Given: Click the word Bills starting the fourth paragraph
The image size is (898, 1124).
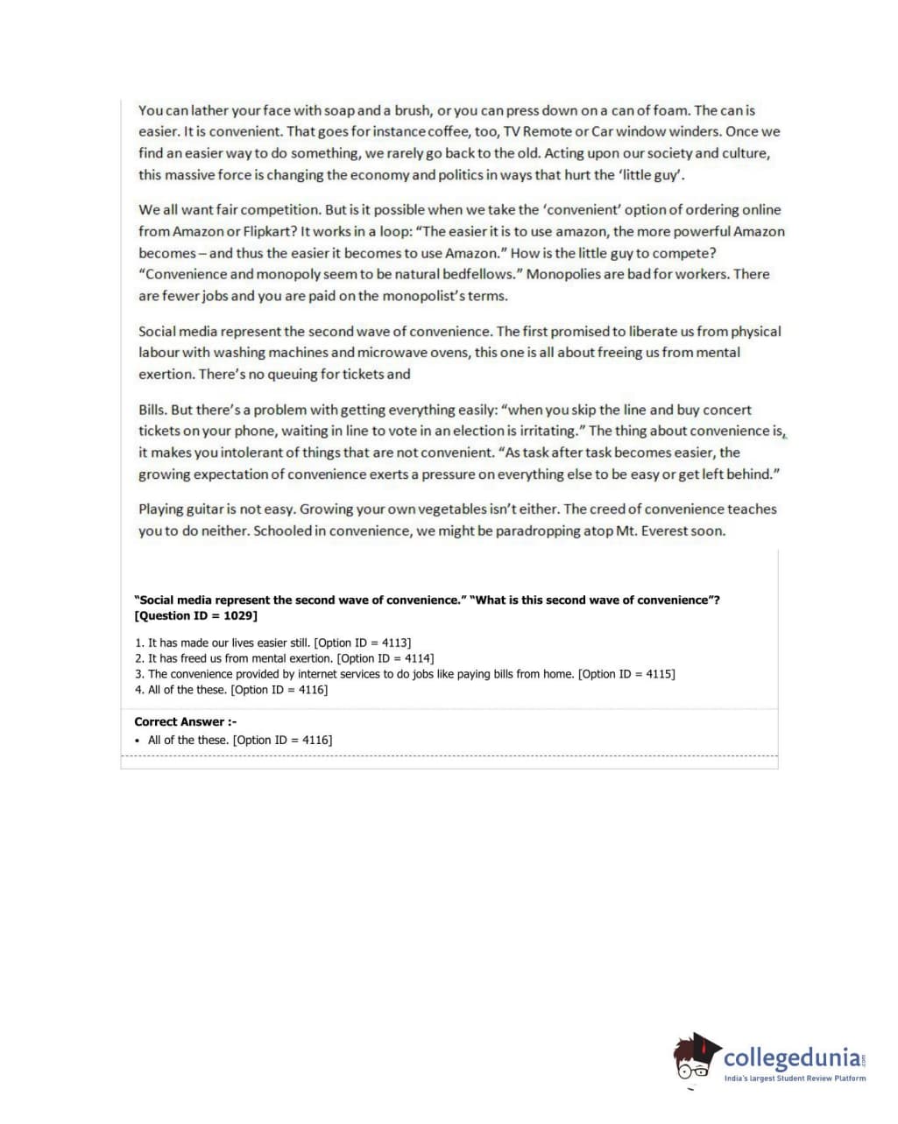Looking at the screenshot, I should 152,410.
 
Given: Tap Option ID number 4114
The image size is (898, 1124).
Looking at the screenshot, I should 416,658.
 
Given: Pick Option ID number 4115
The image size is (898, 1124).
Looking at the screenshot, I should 658,674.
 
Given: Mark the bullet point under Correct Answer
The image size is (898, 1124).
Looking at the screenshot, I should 138,741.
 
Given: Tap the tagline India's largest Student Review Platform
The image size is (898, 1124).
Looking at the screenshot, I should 795,1078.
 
